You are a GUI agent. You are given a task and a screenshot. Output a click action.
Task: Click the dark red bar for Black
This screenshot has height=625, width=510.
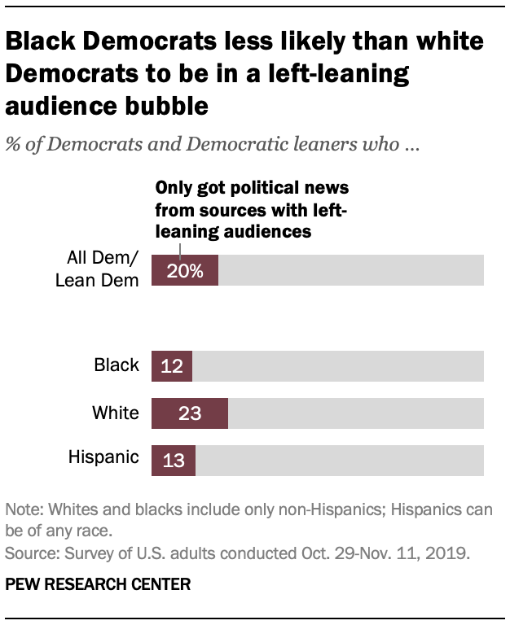pos(172,365)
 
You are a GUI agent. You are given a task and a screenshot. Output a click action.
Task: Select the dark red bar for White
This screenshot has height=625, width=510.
pos(190,413)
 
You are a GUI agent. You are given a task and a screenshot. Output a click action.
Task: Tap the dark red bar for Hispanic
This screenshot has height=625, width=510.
pos(174,460)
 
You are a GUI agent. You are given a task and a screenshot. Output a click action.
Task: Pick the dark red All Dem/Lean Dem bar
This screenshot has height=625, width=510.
pos(185,270)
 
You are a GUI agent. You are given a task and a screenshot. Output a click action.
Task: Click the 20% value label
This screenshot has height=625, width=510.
pos(184,270)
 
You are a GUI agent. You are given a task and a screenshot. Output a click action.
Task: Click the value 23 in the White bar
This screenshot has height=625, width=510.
pos(190,413)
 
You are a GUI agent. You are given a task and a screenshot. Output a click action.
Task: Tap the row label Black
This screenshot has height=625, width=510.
pos(117,365)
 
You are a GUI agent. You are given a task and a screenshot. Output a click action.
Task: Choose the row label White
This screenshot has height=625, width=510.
pos(116,413)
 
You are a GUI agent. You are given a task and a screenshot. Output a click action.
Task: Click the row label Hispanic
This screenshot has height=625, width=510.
pos(103,458)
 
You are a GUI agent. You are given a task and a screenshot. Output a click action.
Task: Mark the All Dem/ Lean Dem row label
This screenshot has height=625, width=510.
pos(102,270)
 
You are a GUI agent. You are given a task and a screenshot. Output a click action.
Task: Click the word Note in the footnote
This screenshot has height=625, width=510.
pos(22,510)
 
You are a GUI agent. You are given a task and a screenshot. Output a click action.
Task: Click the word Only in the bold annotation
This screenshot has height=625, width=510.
pos(174,187)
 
